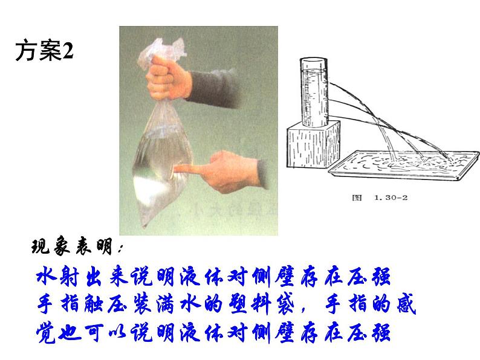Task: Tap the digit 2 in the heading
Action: (x=67, y=52)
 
